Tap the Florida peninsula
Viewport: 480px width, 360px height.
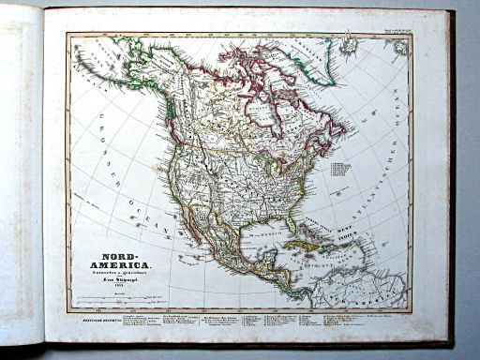tap(292, 225)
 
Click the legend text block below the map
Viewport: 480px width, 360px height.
tap(234, 323)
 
